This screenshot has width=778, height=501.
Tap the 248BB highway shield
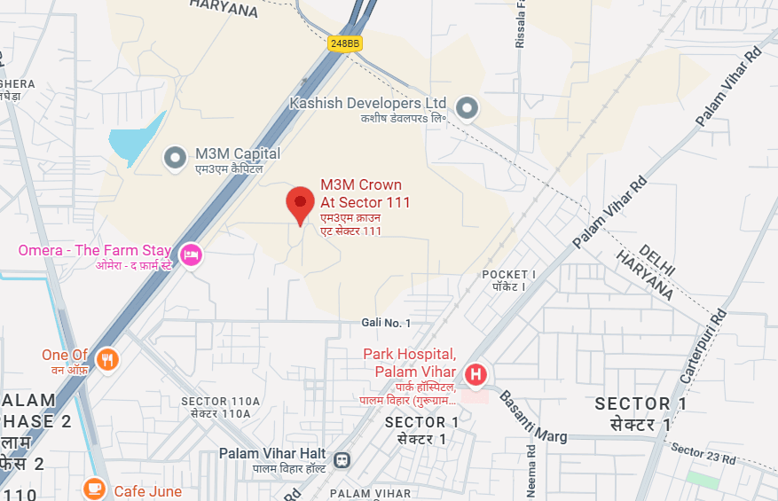click(x=343, y=43)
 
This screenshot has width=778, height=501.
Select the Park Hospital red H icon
click(x=476, y=375)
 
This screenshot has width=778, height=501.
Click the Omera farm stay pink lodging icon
click(x=190, y=254)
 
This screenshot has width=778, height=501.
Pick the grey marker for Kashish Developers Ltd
click(x=467, y=108)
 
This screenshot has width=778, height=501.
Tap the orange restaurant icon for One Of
click(x=108, y=358)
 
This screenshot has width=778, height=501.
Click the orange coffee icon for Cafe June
click(x=94, y=489)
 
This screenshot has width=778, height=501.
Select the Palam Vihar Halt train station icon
click(x=342, y=460)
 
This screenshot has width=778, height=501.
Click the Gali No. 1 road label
click(x=387, y=323)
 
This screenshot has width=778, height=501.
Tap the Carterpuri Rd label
click(x=703, y=347)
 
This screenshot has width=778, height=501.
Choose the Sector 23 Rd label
click(x=704, y=455)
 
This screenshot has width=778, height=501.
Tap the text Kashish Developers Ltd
click(x=368, y=104)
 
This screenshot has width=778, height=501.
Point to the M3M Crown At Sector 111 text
click(x=365, y=194)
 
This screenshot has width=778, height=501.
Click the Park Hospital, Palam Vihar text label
click(x=409, y=362)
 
